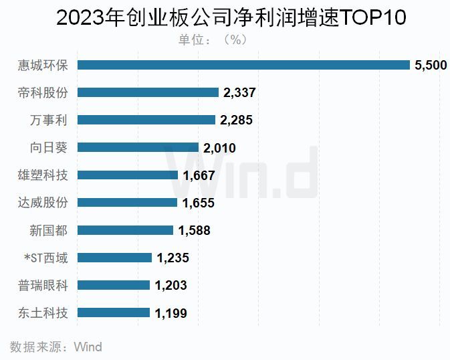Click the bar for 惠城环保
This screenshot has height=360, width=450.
click(x=244, y=65)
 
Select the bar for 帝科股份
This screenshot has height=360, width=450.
click(x=148, y=92)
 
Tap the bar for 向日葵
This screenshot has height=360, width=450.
click(x=138, y=147)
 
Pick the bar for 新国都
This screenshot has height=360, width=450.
click(x=126, y=230)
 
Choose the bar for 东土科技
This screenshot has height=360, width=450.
click(x=114, y=312)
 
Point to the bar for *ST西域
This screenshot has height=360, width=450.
click(x=115, y=258)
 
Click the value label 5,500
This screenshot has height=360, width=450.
click(x=431, y=65)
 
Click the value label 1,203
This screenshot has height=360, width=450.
click(x=171, y=285)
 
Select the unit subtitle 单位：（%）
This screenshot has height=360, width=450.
click(x=213, y=39)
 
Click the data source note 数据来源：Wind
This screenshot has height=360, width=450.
click(x=55, y=347)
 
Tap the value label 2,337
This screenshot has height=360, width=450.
click(x=239, y=92)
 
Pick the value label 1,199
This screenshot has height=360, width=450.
click(x=171, y=312)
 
